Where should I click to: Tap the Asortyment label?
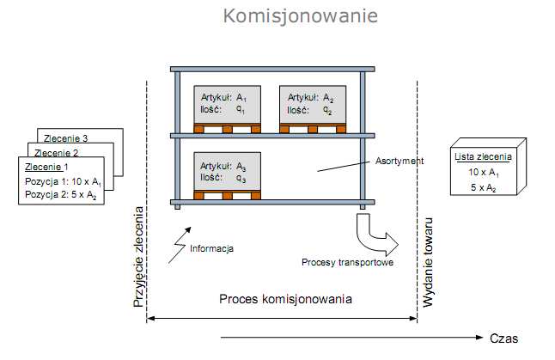point(399,161)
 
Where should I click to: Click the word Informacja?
point(212,248)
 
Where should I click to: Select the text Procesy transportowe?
point(348,262)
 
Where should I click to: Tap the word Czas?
point(504,338)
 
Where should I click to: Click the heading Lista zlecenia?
point(482,157)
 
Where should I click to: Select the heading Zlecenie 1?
point(48,167)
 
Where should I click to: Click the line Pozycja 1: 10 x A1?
point(62,181)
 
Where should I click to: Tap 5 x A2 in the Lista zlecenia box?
point(482,186)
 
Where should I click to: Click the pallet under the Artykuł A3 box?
point(226,195)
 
